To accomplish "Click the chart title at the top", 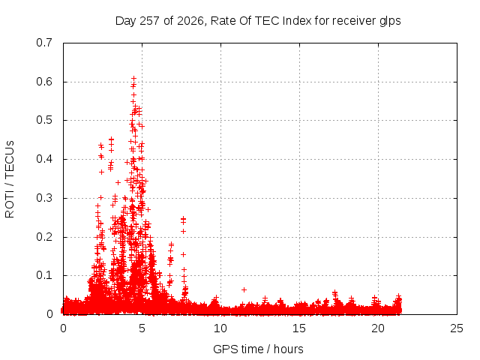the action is point(258,21).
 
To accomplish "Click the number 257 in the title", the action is point(149,21).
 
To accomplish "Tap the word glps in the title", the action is point(390,22).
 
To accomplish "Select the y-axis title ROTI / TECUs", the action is point(10,179).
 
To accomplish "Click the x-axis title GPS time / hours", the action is point(258,349).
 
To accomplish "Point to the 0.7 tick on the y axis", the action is point(44,43).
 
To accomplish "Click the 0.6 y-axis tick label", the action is point(44,82).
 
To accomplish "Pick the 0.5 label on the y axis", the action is point(44,120).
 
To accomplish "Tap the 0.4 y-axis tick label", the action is point(44,159).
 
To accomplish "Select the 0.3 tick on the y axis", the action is point(44,198).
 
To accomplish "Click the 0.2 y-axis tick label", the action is point(44,237).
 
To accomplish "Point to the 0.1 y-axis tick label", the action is point(44,275).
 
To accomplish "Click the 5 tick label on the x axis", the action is point(142,328).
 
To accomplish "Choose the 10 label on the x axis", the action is point(220,328).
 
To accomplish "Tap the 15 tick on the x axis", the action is point(299,328).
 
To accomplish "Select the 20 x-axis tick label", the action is point(378,328).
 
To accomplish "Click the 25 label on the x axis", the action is point(457,328).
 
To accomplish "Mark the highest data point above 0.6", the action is point(133,79).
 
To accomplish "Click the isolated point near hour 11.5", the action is point(244,289).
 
